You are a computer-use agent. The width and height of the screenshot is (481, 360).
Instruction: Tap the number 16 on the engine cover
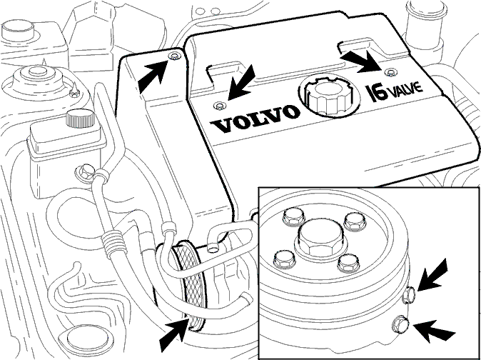pyautogui.click(x=377, y=93)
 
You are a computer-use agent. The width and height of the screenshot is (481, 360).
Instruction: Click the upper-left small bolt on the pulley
pyautogui.click(x=293, y=218)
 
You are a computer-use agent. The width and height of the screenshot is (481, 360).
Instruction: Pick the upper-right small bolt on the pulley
pyautogui.click(x=353, y=221)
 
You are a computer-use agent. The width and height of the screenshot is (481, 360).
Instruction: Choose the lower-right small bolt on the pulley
pyautogui.click(x=348, y=263)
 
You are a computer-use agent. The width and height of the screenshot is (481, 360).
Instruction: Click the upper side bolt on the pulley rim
pyautogui.click(x=409, y=294)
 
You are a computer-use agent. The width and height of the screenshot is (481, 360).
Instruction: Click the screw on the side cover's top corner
pyautogui.click(x=174, y=56)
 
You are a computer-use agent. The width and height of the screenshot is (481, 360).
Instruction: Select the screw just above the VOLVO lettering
pyautogui.click(x=219, y=106)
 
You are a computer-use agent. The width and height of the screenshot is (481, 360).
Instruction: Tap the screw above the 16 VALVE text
pyautogui.click(x=390, y=73)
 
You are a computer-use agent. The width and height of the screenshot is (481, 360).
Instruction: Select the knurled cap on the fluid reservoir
pyautogui.click(x=79, y=118)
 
